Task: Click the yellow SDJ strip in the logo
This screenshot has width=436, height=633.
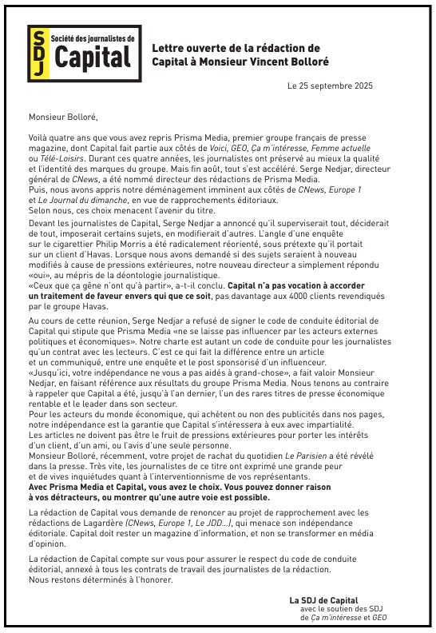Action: [x=38, y=53]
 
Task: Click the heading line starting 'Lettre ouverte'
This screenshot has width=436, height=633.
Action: [x=236, y=49]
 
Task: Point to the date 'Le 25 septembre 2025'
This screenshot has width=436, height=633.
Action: [x=330, y=86]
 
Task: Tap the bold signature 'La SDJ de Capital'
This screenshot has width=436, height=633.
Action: [x=323, y=599]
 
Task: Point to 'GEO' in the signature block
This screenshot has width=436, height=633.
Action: [x=380, y=617]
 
